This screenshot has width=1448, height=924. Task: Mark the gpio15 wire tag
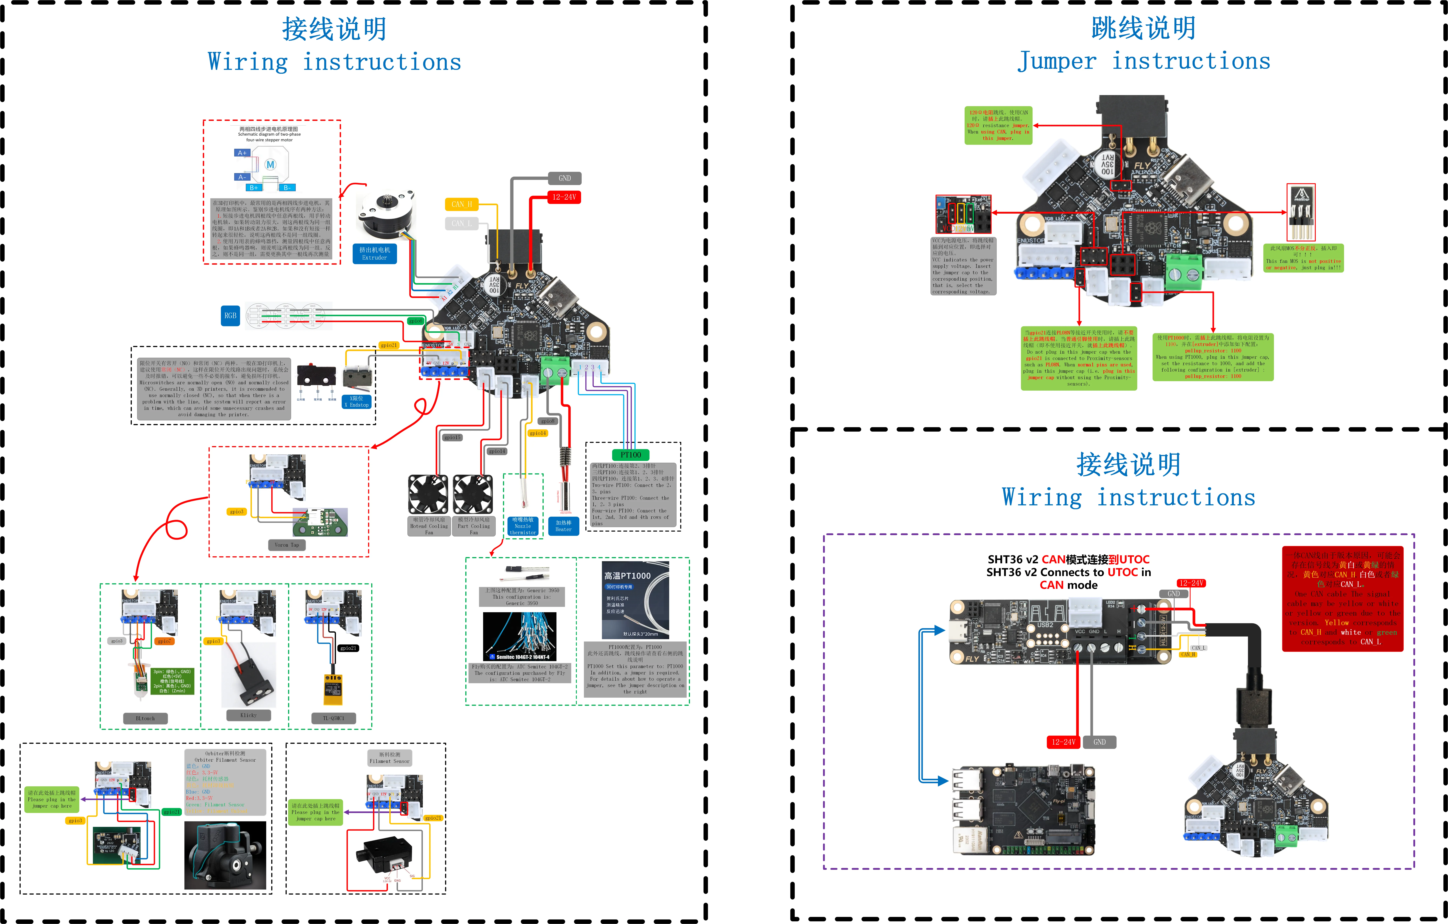point(452,438)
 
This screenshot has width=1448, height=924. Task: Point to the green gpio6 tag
point(416,321)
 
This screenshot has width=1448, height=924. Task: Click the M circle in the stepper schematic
point(271,164)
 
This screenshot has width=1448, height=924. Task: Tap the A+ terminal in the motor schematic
point(242,153)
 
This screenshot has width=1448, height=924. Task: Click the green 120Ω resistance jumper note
point(998,126)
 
